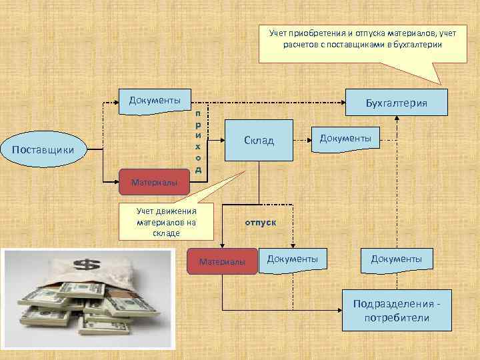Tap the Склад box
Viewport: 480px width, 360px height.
[259, 141]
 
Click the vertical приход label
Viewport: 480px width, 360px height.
[198, 141]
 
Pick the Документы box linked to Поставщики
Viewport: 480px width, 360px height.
[155, 101]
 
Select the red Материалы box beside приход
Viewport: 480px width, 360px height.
[154, 181]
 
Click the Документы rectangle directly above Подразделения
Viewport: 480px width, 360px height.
[396, 258]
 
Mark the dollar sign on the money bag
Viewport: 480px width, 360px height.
[85, 265]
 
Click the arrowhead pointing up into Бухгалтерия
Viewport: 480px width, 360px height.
[397, 117]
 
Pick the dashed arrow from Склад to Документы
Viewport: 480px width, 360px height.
[303, 141]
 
